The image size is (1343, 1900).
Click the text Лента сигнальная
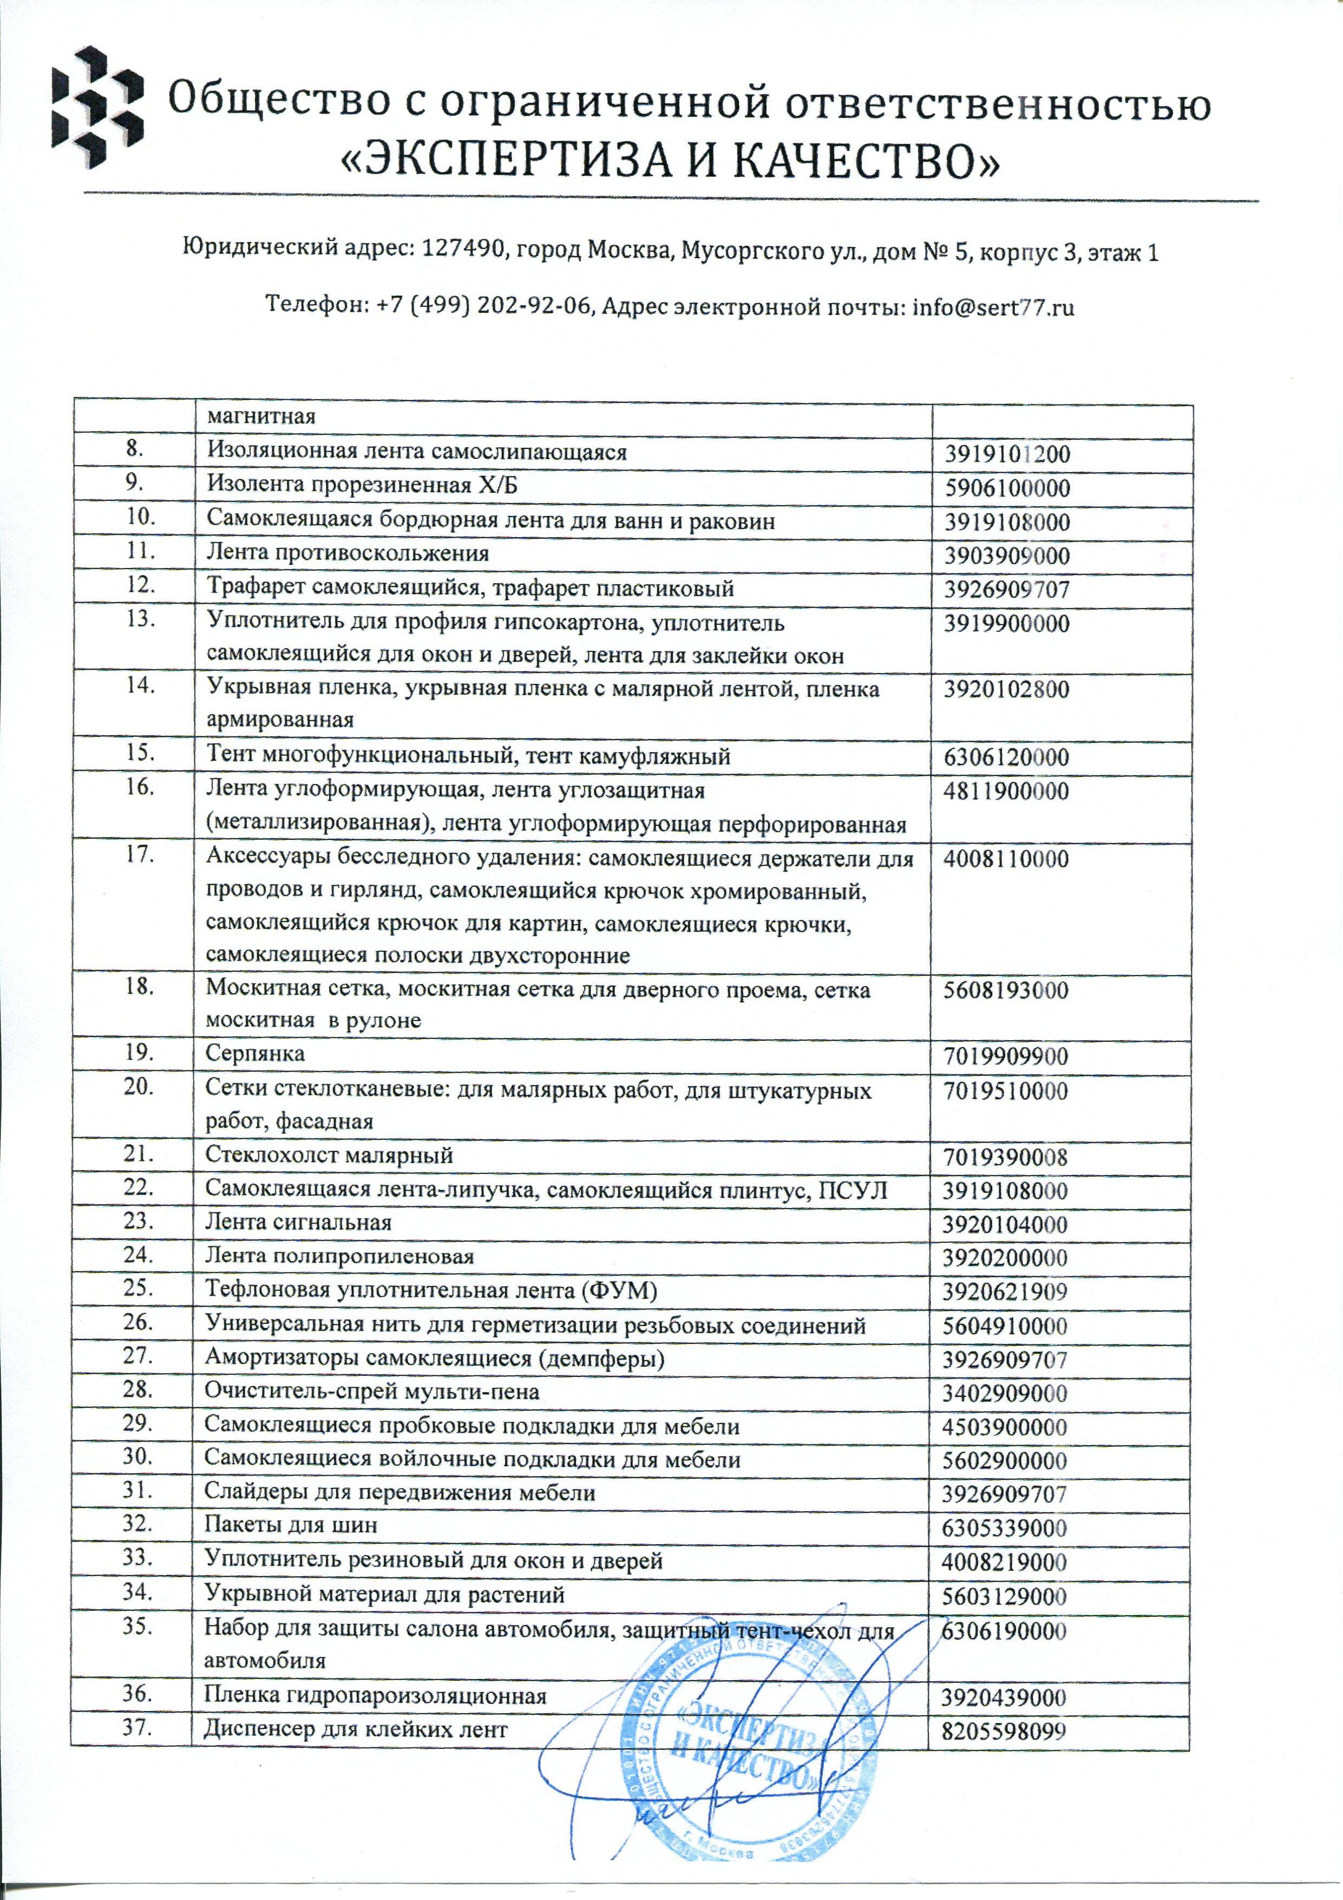click(298, 1222)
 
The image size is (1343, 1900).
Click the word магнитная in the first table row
click(261, 415)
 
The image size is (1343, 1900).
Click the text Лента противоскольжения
click(348, 553)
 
